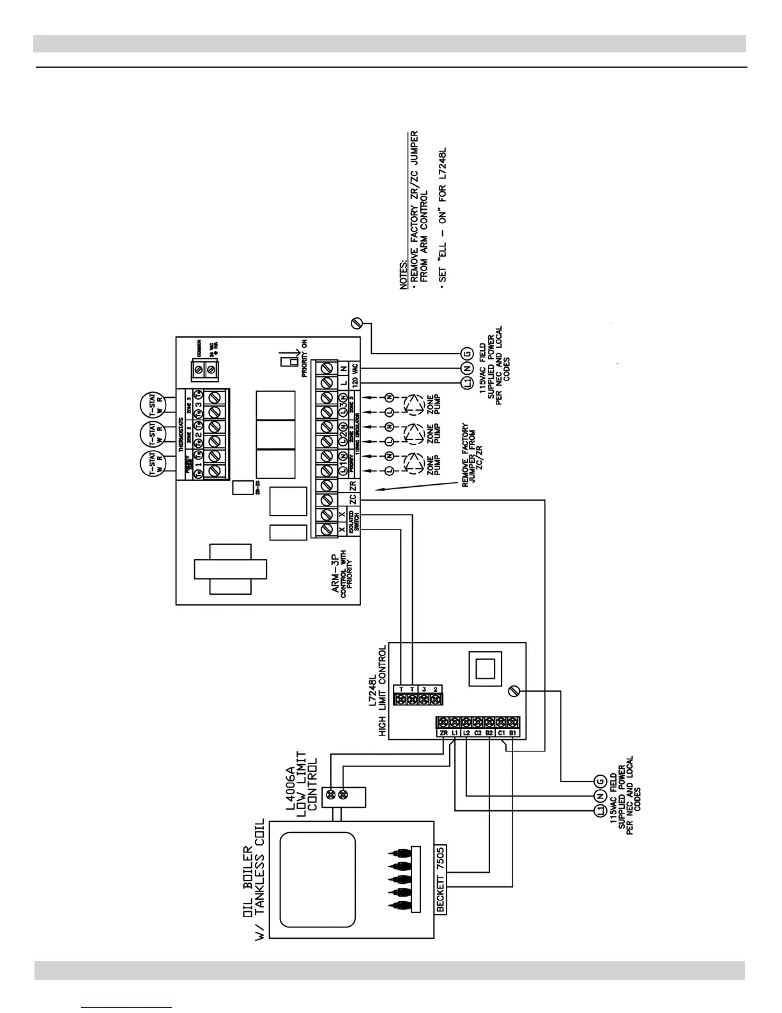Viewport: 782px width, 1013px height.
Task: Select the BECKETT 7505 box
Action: (x=441, y=883)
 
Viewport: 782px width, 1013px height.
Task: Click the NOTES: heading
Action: (x=404, y=274)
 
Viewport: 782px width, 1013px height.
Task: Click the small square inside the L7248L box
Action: (x=482, y=666)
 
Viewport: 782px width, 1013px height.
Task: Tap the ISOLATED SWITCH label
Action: (x=353, y=522)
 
